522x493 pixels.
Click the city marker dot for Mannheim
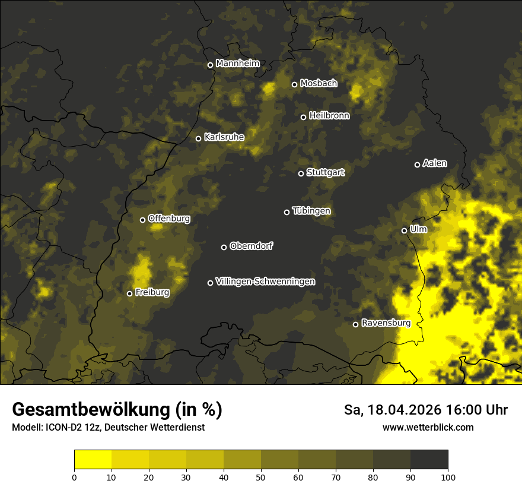point(210,65)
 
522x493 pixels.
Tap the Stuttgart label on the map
point(325,172)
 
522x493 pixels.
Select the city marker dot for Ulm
point(404,230)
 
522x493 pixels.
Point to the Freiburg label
point(152,292)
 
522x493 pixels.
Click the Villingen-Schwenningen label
point(265,282)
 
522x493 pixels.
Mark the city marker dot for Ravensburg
point(355,324)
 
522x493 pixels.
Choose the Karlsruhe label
point(224,137)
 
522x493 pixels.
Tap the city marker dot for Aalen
point(417,165)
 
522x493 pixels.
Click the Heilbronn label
point(329,116)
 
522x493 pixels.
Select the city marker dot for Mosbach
point(294,84)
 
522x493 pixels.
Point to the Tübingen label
point(311,211)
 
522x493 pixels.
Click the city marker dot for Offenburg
point(142,220)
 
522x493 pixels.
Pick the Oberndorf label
point(251,246)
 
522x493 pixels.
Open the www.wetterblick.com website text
point(428,427)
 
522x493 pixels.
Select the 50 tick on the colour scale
point(261,476)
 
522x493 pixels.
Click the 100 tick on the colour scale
point(448,476)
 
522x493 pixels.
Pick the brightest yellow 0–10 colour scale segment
point(93,460)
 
